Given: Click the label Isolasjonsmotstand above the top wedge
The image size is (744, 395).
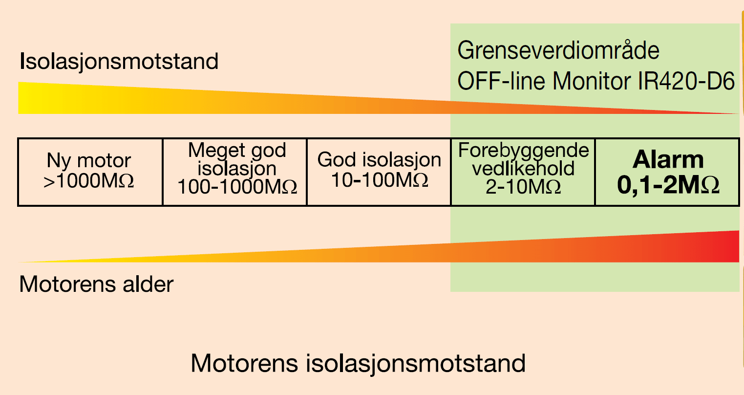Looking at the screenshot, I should [119, 62].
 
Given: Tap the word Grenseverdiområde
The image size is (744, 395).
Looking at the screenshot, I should [558, 50].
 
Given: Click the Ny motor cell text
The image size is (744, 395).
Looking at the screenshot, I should [89, 160].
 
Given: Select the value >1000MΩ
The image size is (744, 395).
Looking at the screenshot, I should [89, 181].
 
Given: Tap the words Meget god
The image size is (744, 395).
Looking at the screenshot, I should [237, 150].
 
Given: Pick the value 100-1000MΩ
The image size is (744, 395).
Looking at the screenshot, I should [237, 187].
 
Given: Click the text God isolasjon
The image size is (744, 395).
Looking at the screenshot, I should [379, 159].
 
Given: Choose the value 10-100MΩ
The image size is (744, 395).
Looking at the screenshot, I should [379, 180].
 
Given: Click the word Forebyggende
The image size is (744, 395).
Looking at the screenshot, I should [523, 151].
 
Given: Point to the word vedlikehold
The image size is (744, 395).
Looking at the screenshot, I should [523, 169].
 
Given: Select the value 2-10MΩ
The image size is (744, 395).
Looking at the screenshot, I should [523, 187].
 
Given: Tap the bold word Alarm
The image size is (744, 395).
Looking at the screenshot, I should [668, 159].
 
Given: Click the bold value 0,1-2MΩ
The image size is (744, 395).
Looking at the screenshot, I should [668, 185].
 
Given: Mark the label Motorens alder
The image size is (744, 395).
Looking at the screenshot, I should [96, 284].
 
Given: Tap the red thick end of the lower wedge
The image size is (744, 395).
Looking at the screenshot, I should [728, 246].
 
